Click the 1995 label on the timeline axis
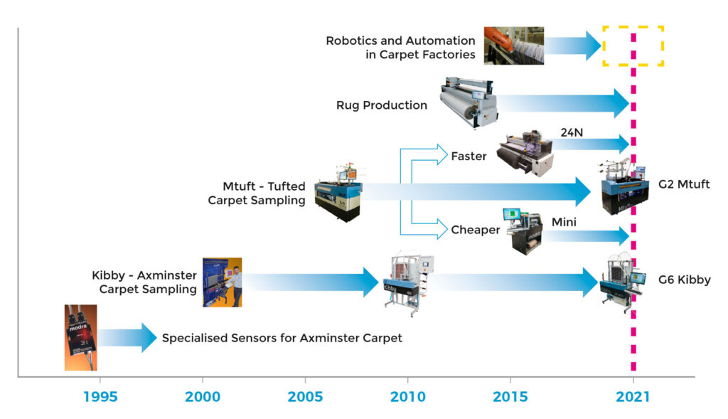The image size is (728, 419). click(100, 397)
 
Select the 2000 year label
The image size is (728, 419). click(203, 397)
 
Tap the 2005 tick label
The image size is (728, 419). click(305, 397)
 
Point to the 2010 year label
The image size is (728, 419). click(407, 397)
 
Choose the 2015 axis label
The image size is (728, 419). click(510, 397)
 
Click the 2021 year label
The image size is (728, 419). click(632, 397)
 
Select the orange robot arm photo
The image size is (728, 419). click(513, 46)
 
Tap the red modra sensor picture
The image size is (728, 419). click(81, 338)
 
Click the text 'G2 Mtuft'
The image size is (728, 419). click(684, 184)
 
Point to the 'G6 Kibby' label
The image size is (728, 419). click(685, 280)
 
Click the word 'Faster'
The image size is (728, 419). click(469, 156)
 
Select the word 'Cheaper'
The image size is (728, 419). click(476, 230)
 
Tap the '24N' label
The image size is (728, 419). click(572, 132)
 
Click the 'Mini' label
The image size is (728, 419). click(564, 222)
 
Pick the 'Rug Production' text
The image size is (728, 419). click(382, 105)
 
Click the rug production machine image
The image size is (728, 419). click(469, 102)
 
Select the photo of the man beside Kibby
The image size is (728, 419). click(222, 282)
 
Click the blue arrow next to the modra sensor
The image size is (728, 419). click(127, 338)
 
